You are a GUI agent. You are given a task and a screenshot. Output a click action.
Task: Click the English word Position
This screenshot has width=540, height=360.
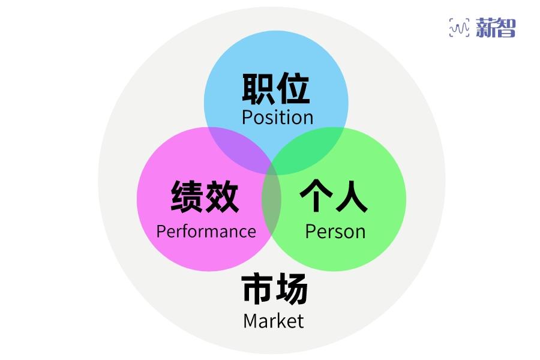(x=277, y=117)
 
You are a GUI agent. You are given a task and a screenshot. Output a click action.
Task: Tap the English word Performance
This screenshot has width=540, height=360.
(x=206, y=232)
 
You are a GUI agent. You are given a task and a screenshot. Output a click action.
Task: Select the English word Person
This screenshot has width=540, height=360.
(x=335, y=232)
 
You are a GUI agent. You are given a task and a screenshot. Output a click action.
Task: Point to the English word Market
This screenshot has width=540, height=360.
(x=274, y=320)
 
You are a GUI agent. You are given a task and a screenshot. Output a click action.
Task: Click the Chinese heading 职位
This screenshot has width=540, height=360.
(x=276, y=89)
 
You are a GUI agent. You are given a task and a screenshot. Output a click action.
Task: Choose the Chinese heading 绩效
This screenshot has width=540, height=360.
(x=205, y=197)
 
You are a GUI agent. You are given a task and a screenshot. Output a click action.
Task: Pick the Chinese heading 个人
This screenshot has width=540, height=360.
(x=334, y=197)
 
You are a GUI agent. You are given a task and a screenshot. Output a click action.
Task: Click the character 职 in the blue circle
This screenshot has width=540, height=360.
(x=259, y=89)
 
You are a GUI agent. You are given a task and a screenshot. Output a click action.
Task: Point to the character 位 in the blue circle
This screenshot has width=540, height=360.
(x=293, y=89)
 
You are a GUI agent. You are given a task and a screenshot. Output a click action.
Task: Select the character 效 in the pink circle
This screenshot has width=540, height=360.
(x=223, y=197)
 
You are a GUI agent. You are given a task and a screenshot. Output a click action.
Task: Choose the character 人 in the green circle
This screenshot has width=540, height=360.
(x=351, y=197)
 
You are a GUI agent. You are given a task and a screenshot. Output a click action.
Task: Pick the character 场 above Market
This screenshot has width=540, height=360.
(x=292, y=289)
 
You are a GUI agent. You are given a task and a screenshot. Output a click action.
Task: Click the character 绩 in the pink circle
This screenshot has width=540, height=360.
(x=188, y=197)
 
